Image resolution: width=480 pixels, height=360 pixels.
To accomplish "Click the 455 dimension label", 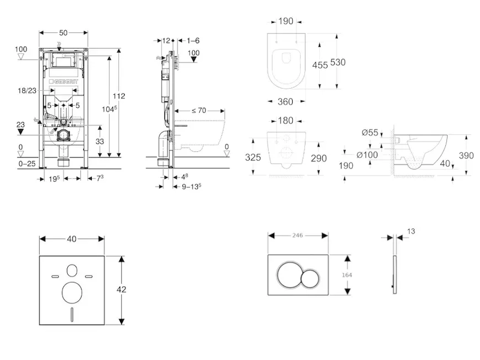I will pyautogui.click(x=320, y=65).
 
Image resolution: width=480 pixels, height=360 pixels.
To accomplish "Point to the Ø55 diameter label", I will pyautogui.click(x=370, y=133).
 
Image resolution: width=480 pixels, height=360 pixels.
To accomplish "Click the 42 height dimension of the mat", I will pyautogui.click(x=122, y=289).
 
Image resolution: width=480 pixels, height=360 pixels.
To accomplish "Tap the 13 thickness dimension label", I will pyautogui.click(x=410, y=231).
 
